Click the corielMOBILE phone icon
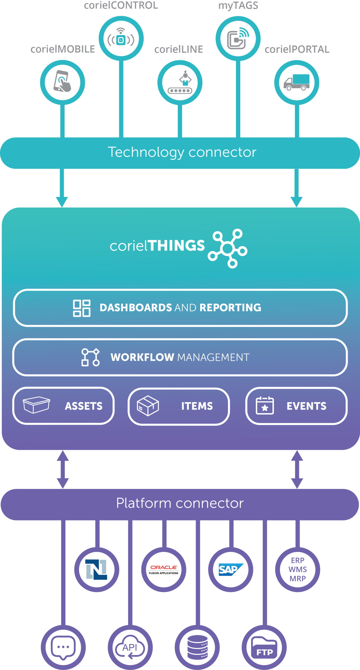62,82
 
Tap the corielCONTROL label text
121,5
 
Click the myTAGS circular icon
238,39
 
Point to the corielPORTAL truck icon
296,82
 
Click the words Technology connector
182,152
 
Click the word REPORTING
230,308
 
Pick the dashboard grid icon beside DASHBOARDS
82,308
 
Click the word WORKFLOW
142,357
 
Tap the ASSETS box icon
36,405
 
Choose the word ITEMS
197,406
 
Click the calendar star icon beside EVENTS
265,406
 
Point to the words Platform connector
180,503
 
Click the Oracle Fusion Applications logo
164,569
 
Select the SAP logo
230,569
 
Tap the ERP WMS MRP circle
297,569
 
